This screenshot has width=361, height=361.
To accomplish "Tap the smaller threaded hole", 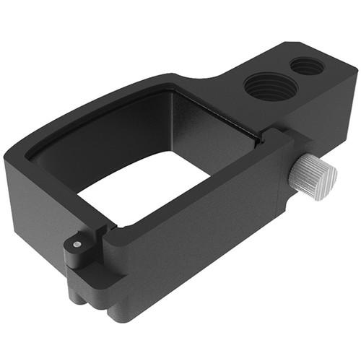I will coord(307,66).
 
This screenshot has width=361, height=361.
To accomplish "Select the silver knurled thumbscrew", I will coord(315,175).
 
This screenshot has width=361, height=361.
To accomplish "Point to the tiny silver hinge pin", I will coord(77,245).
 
